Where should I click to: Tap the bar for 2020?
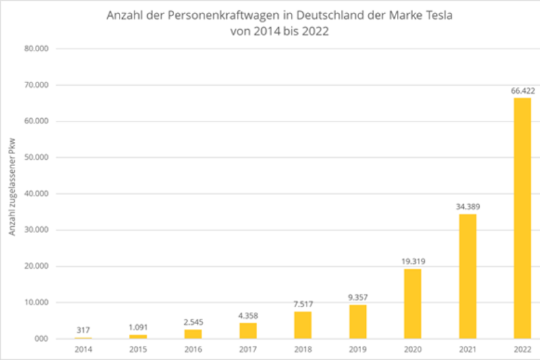(x=412, y=303)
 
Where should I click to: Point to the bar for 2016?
(x=193, y=333)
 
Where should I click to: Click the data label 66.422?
(x=522, y=90)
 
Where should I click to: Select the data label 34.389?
(x=467, y=206)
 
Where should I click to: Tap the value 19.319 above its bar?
(x=412, y=261)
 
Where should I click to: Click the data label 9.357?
(x=358, y=297)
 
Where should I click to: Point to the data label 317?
(x=84, y=329)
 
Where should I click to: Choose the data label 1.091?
(x=138, y=326)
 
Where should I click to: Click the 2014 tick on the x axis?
(x=84, y=350)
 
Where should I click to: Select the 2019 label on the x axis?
(x=358, y=350)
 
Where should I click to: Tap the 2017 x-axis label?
(x=248, y=350)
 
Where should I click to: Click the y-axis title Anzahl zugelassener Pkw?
(x=12, y=193)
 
